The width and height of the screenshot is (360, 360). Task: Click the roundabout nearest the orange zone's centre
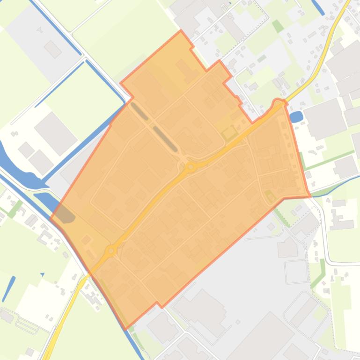coord(191,166)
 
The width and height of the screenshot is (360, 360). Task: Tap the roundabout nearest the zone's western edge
coord(111,251)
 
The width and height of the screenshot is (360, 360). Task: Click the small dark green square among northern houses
coord(278,26)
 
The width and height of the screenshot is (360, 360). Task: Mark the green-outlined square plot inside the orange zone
coord(229,133)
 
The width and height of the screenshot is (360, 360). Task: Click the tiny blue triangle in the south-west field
coord(42,274)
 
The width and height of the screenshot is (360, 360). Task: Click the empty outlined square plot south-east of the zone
coord(296,272)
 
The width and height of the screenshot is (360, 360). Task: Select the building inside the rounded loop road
coord(305,311)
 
